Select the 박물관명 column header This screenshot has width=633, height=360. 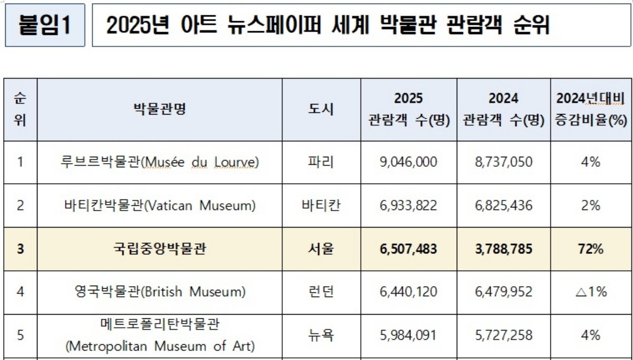(159, 109)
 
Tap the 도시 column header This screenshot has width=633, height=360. (321, 109)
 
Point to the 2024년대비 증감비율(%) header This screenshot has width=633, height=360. (590, 109)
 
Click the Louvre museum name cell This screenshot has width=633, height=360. (159, 162)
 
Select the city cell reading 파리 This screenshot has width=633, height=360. (321, 162)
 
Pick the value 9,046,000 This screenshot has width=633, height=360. (408, 162)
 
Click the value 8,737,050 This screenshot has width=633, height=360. (503, 162)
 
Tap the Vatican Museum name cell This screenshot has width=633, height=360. (159, 205)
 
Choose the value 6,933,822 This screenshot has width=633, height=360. (408, 205)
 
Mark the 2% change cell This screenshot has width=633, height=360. (591, 205)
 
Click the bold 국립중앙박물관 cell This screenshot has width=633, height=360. (159, 249)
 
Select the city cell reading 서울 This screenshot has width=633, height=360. (321, 249)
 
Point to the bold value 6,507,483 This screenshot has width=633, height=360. (408, 249)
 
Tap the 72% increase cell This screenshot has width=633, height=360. (591, 249)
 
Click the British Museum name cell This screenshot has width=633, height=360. (159, 291)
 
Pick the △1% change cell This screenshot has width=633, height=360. (590, 291)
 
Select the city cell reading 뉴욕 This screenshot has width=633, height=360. (321, 335)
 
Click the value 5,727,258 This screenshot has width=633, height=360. (503, 335)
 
